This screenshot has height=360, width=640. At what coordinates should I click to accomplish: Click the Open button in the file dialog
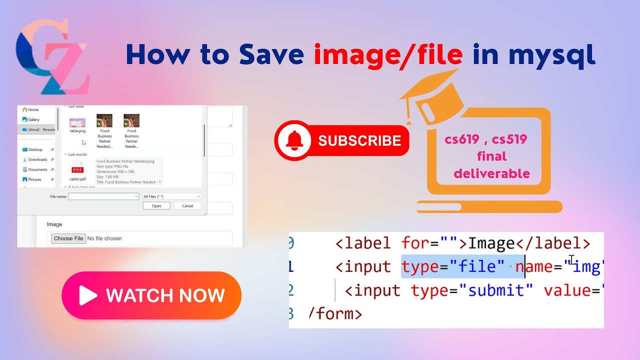(x=156, y=205)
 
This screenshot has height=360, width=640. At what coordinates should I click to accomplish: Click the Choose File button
(x=68, y=238)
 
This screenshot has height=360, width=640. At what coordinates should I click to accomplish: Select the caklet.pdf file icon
(x=77, y=168)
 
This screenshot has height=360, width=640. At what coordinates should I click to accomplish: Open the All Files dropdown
(x=172, y=196)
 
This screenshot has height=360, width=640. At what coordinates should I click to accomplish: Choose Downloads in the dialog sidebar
(x=37, y=159)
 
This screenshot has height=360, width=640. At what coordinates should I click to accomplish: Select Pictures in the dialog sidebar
(x=34, y=179)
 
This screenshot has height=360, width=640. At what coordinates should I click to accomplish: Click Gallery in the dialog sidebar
(x=33, y=119)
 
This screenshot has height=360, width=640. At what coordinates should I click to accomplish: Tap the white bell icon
(x=294, y=140)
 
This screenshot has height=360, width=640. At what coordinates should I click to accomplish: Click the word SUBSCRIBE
(x=359, y=141)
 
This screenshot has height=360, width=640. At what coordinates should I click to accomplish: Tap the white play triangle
(x=87, y=295)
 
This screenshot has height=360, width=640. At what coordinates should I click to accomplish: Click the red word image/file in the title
(x=388, y=54)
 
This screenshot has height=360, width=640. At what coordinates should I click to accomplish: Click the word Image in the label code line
(x=491, y=243)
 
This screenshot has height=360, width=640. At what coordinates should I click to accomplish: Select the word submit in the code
(x=496, y=290)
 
